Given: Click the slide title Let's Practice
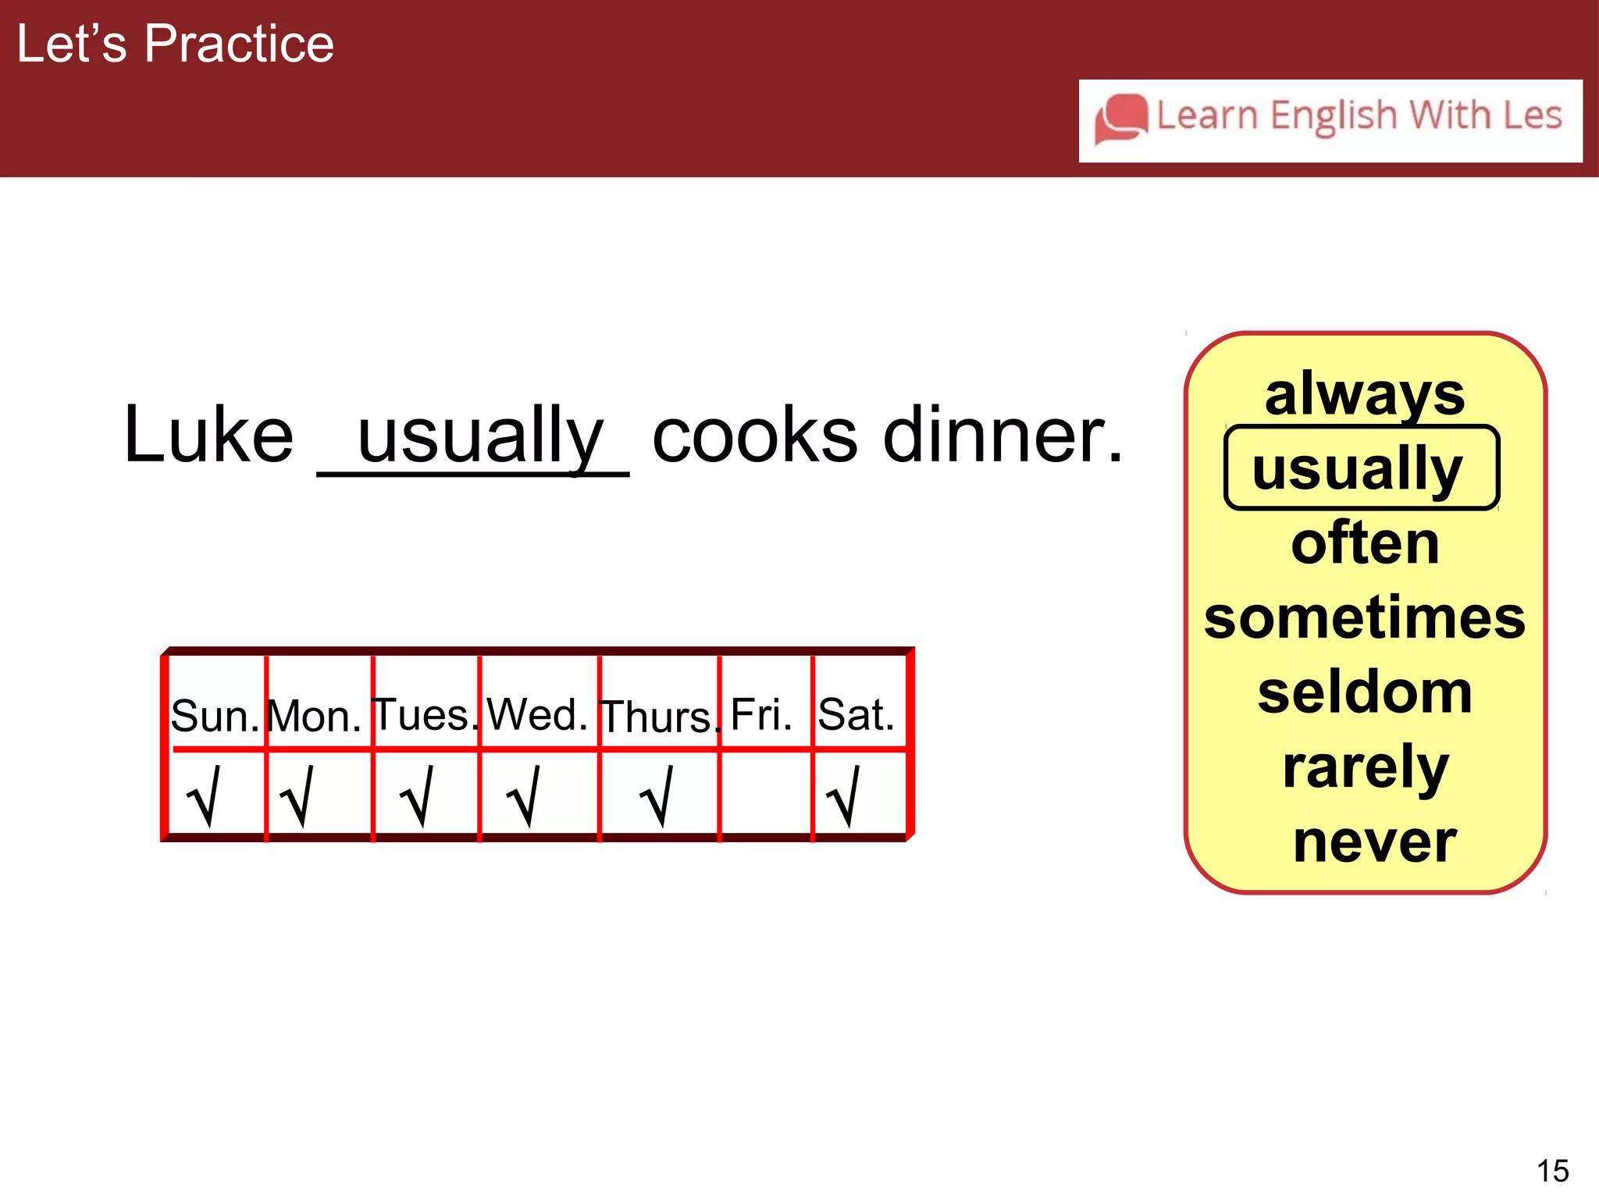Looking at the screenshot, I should (x=175, y=44).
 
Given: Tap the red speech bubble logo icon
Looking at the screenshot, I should (x=1120, y=119).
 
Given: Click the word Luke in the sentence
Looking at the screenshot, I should (x=208, y=435).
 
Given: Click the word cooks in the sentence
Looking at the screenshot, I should (x=754, y=435).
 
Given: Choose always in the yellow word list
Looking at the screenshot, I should (x=1364, y=395).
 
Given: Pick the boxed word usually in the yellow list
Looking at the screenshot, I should (x=1359, y=468).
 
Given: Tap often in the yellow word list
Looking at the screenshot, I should (x=1365, y=543).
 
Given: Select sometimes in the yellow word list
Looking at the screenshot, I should (x=1364, y=617).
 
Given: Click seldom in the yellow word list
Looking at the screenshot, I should (x=1365, y=692).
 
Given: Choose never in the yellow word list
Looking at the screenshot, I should (x=1374, y=841).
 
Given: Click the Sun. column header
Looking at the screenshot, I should (x=215, y=715).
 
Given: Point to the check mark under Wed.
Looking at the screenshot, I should (x=524, y=796).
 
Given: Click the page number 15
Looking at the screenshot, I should (x=1552, y=1171).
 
